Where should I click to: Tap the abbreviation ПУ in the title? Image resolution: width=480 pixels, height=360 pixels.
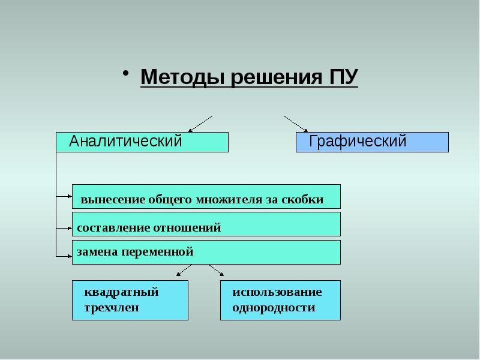(x=343, y=77)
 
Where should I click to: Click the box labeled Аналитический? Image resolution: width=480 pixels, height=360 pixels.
(x=142, y=142)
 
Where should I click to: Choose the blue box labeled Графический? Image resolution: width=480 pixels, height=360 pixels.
(x=372, y=142)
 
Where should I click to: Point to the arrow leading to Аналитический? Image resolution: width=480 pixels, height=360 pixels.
(x=200, y=124)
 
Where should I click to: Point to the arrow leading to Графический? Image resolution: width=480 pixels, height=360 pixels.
(x=296, y=124)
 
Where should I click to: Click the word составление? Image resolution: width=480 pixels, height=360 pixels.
(x=113, y=228)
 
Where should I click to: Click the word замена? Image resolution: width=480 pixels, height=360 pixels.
(x=97, y=252)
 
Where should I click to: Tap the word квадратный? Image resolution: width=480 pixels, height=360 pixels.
(x=122, y=292)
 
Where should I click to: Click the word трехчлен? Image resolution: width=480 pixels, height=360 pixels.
(x=112, y=308)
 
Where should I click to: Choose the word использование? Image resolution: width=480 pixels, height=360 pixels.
(x=277, y=292)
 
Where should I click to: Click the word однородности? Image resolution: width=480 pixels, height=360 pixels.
(x=274, y=308)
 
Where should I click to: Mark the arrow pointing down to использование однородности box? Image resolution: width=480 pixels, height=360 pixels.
(x=216, y=270)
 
